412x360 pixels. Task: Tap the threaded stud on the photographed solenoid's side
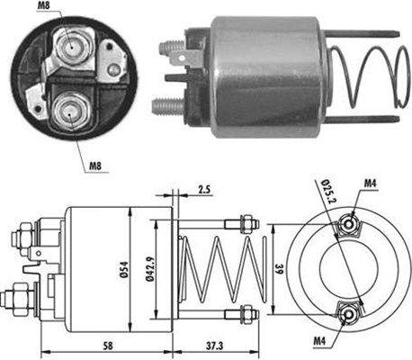coord(166,105)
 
